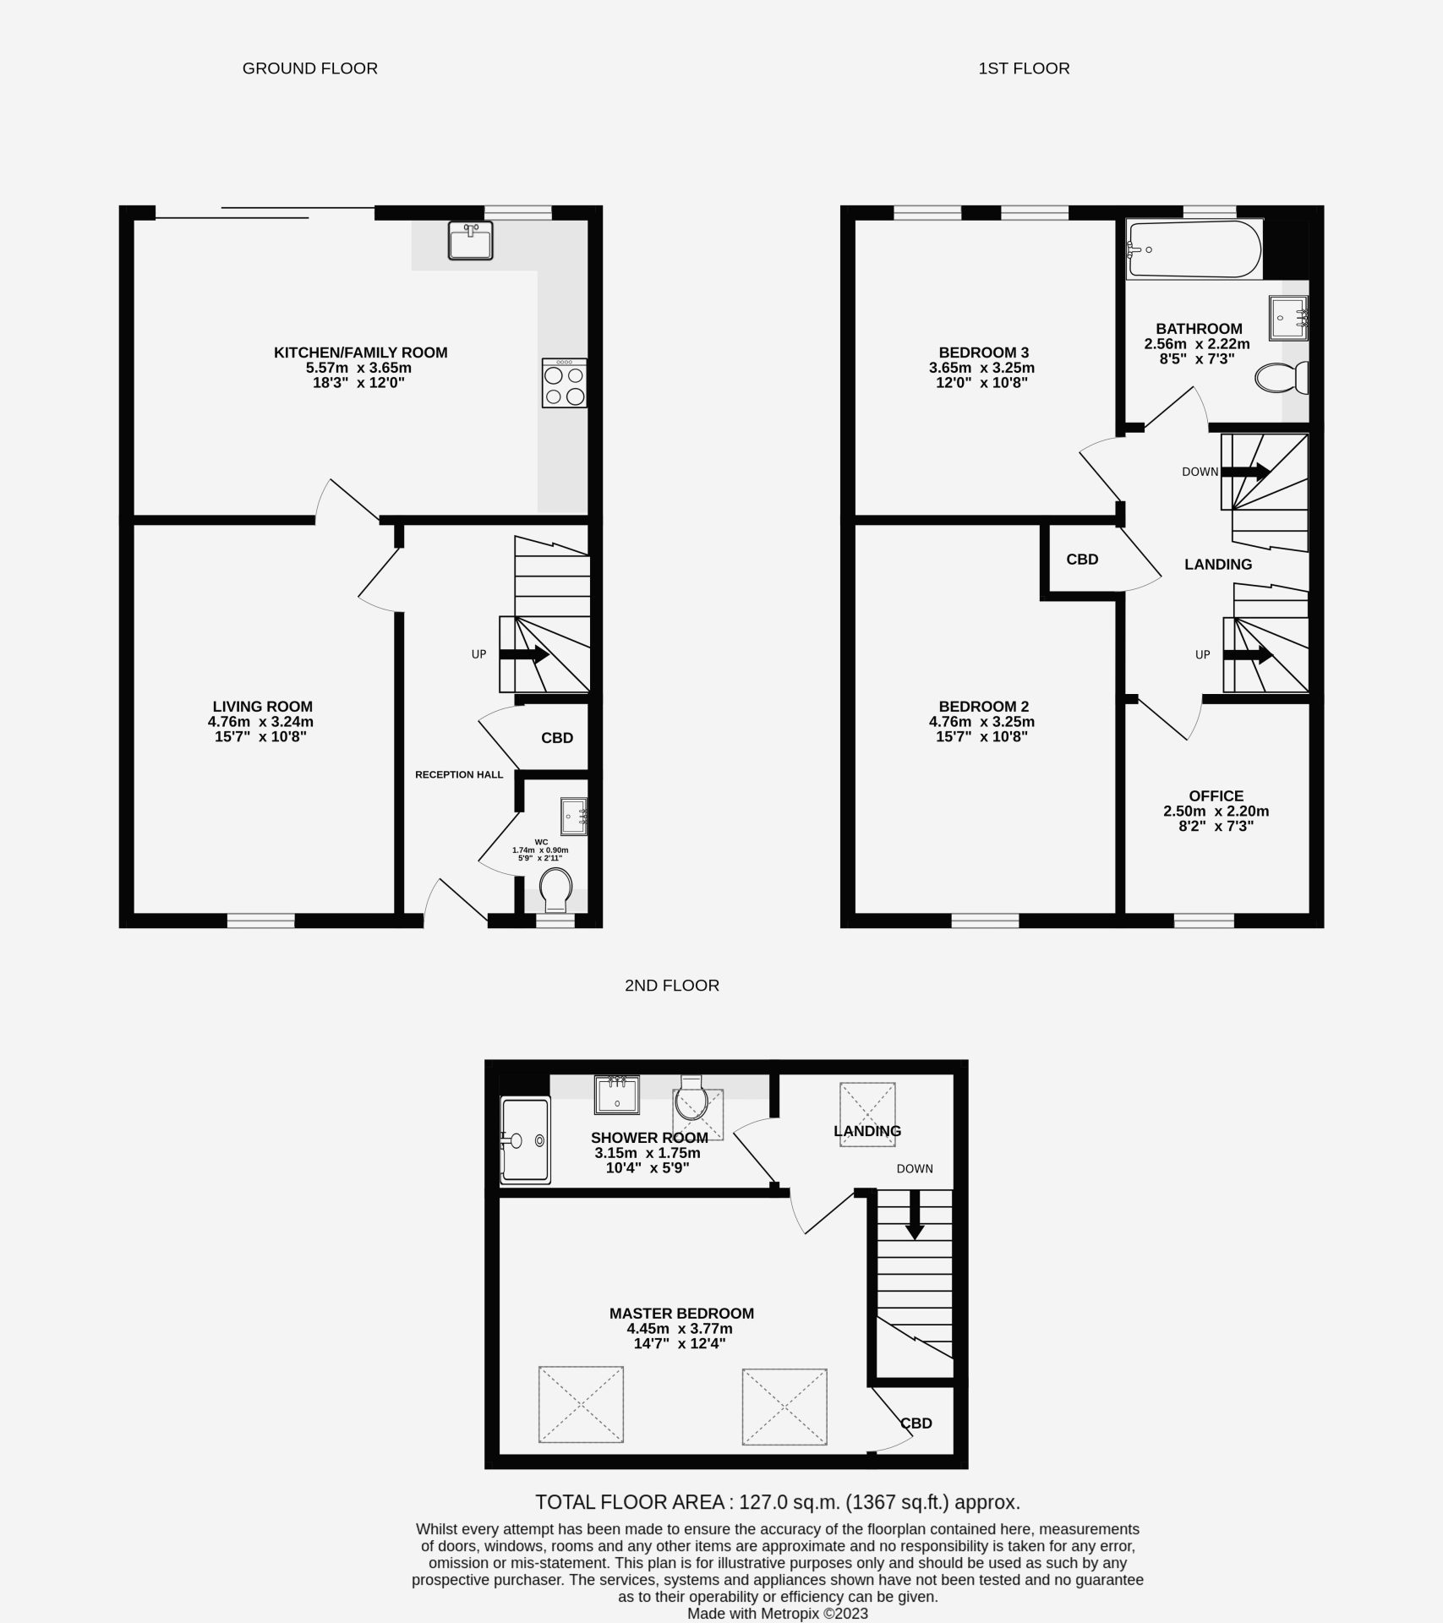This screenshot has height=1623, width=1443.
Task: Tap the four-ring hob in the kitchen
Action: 565,384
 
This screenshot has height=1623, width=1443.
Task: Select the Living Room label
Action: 262,707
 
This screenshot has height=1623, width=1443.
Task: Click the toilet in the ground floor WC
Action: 555,890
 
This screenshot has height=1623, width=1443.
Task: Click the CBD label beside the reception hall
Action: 557,738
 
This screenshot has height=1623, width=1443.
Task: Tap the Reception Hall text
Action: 459,774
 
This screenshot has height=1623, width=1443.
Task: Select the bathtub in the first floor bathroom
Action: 1194,249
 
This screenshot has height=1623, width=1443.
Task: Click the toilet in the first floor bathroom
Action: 1282,378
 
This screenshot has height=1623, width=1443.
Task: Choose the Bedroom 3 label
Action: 983,352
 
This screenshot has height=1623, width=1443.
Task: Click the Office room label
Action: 1216,795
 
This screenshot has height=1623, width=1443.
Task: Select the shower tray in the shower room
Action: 525,1139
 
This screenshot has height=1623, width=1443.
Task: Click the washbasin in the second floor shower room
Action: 615,1094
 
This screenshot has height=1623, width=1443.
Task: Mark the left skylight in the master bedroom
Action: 581,1406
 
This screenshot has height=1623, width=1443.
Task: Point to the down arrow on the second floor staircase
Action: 914,1216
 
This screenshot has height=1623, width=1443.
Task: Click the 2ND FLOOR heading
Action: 672,985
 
